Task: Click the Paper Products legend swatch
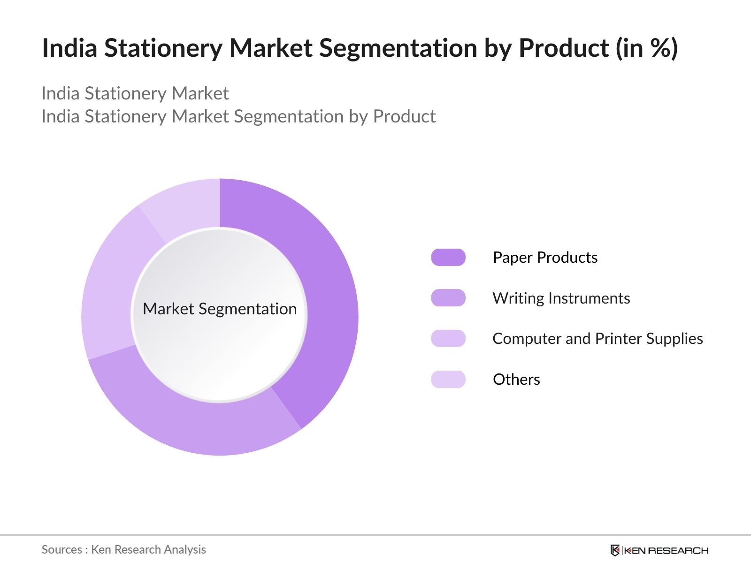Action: [x=448, y=258]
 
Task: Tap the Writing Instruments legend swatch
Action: [x=448, y=298]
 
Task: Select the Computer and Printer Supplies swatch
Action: [x=448, y=338]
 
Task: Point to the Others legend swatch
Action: [x=448, y=379]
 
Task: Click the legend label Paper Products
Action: [x=545, y=258]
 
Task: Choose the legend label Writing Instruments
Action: [x=561, y=298]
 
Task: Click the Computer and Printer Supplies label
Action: [x=598, y=339]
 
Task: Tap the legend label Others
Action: [x=516, y=380]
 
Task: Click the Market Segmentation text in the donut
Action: [x=220, y=309]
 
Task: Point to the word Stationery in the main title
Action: [x=163, y=48]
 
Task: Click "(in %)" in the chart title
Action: [x=647, y=48]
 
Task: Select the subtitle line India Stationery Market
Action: [x=135, y=94]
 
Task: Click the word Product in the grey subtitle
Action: [x=405, y=116]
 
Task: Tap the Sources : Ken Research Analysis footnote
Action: [x=123, y=550]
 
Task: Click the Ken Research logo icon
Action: [x=615, y=550]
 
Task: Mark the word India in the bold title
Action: [x=69, y=48]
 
